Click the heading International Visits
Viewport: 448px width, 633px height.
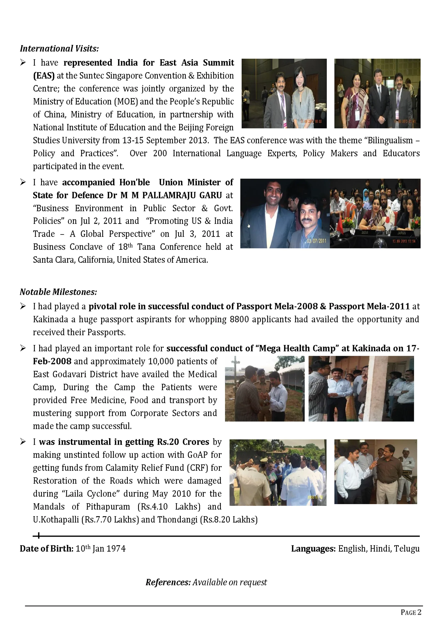point(59,48)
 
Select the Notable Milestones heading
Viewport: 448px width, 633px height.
point(58,292)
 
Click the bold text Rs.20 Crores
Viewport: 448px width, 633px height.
point(183,442)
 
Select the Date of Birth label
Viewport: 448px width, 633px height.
point(46,549)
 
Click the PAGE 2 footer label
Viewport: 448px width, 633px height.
point(411,612)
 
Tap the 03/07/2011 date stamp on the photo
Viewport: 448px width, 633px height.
point(317,241)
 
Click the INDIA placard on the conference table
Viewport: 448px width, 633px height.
point(365,232)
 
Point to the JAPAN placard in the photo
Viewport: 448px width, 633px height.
point(401,233)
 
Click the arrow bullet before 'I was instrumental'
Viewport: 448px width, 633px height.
point(23,442)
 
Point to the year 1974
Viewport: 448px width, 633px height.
point(116,549)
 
